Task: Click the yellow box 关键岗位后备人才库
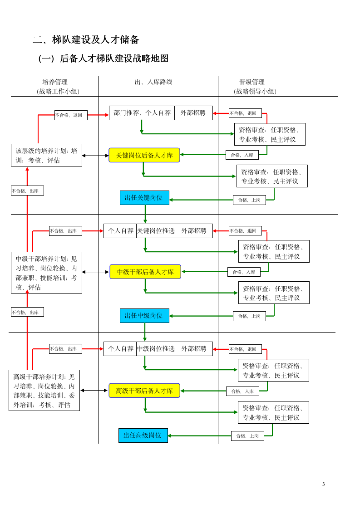tap(144, 155)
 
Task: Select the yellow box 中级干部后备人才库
tap(145, 272)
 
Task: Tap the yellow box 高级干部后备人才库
tap(144, 391)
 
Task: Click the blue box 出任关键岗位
tap(144, 198)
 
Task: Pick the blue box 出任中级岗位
tap(144, 316)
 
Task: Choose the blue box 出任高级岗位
tap(143, 436)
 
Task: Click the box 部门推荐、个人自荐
tap(142, 113)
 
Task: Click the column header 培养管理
tap(55, 82)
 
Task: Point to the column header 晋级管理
tap(252, 82)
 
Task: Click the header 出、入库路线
tap(153, 82)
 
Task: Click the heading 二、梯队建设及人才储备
tap(86, 40)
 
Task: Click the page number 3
tap(324, 484)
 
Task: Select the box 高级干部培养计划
tap(44, 390)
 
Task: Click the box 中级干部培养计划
tap(46, 272)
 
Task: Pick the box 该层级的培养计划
tap(46, 155)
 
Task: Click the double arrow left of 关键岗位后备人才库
tap(95, 156)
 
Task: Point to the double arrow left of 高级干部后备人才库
tap(94, 390)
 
